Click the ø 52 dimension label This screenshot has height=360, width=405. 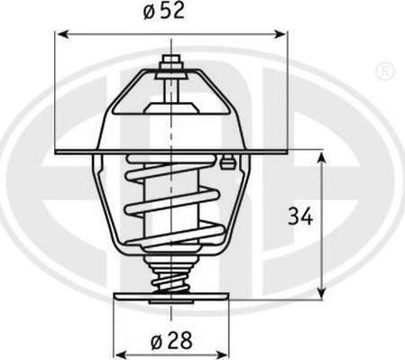click(163, 11)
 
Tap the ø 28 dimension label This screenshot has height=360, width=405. click(171, 341)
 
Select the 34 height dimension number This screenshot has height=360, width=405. click(300, 216)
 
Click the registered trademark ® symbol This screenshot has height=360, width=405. click(385, 71)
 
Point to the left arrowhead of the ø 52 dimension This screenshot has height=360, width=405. click(62, 34)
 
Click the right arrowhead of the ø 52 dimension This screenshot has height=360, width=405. click(281, 34)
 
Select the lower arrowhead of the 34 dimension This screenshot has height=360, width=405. click(322, 291)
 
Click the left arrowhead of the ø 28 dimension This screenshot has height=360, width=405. click(120, 355)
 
